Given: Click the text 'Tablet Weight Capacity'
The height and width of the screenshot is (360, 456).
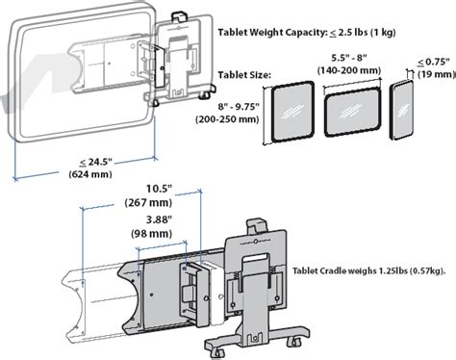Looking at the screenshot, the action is tap(271, 33).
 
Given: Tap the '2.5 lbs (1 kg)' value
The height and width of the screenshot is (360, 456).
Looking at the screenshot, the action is tap(367, 33).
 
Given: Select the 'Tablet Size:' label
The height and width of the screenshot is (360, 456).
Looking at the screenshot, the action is tap(244, 75).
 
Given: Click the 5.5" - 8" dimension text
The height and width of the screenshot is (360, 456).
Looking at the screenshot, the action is tap(349, 58).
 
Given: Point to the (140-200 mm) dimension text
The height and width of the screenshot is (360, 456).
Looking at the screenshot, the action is tap(349, 70).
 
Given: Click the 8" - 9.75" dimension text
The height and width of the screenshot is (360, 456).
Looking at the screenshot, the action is tap(239, 107).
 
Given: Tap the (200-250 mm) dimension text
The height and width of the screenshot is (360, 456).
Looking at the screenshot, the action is tap(227, 119).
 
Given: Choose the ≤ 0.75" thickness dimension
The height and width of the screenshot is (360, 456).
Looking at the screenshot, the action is tap(434, 62).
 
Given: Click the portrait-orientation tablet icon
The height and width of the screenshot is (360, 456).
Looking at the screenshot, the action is tap(292, 112).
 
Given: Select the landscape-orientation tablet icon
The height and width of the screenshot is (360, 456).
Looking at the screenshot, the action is tap(352, 112).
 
